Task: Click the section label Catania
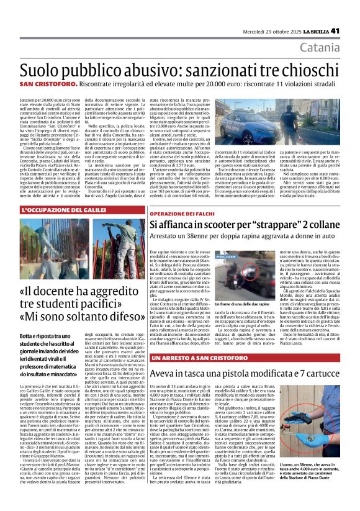pos(336,47)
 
